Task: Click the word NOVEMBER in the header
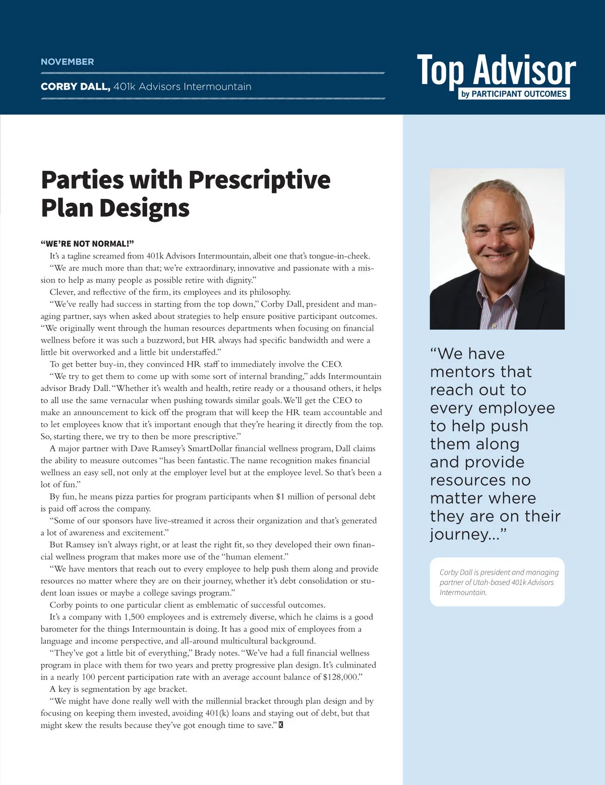tap(67, 62)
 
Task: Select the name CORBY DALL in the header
tap(75, 87)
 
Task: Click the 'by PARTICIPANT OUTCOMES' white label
tap(514, 94)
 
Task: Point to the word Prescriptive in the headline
tap(259, 180)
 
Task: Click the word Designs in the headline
tap(151, 208)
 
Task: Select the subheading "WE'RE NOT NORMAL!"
tap(87, 244)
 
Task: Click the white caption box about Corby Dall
tap(497, 582)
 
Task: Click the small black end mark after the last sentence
tap(281, 725)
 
